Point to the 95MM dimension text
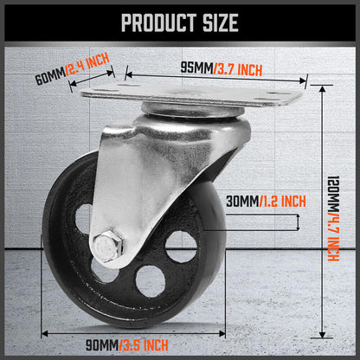[196, 67]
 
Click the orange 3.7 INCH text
[238, 67]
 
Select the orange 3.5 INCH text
[145, 348]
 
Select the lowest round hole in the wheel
[149, 280]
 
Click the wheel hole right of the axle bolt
[181, 246]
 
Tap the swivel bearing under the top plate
[186, 112]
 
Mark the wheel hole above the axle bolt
[84, 216]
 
